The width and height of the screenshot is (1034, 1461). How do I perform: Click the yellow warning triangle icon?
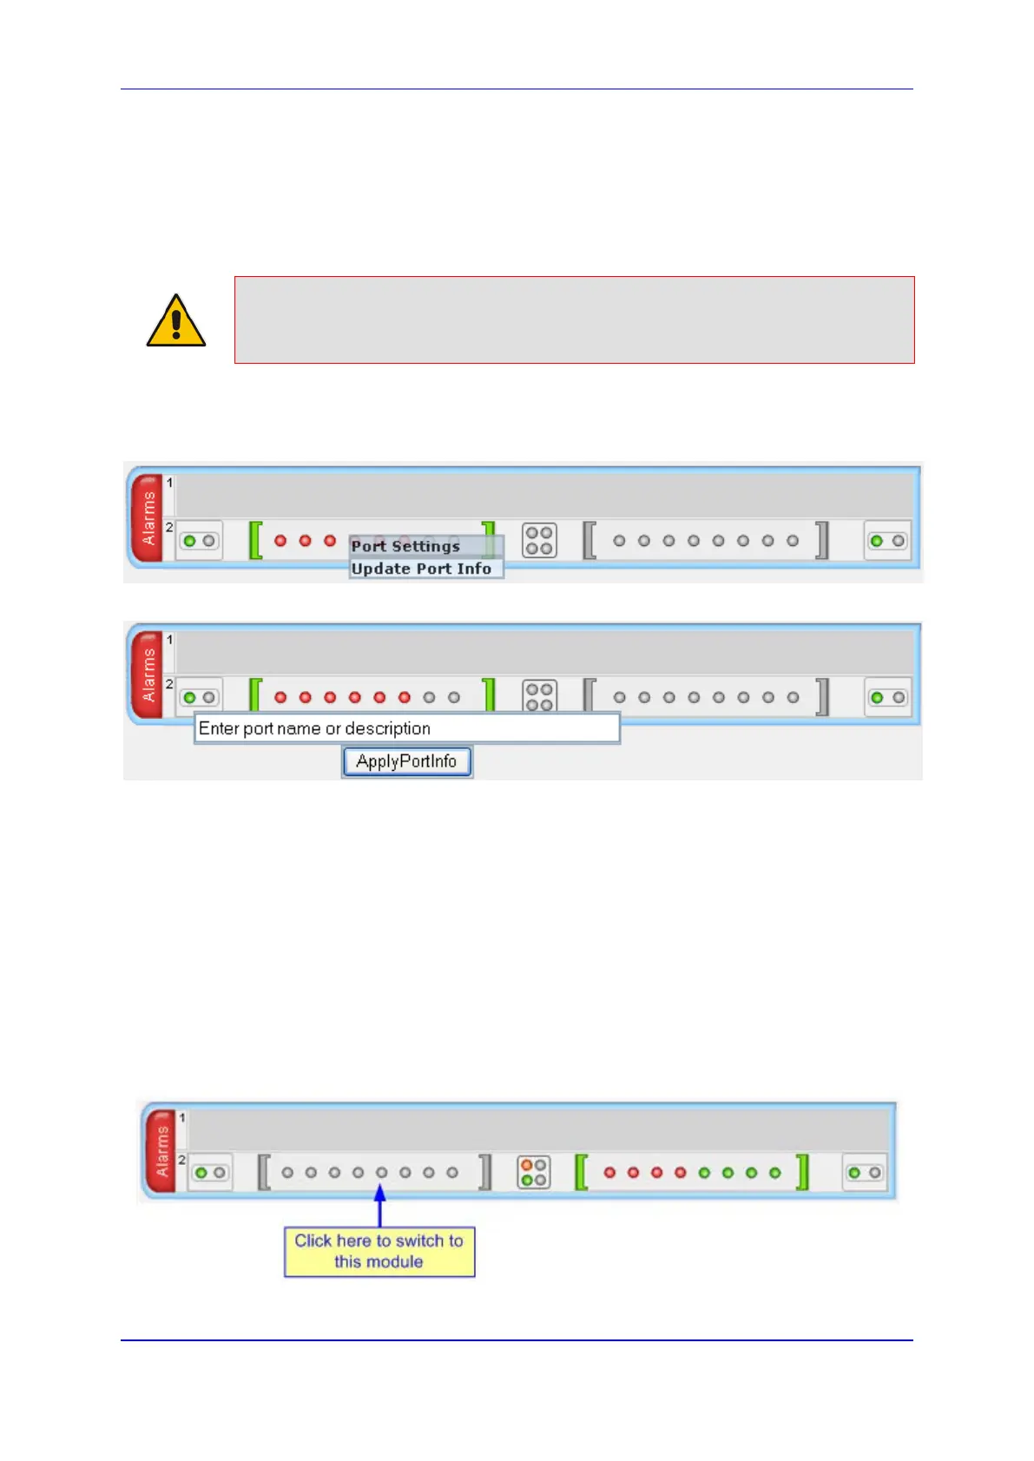click(176, 321)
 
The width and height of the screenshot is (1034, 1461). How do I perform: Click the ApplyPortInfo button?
click(406, 761)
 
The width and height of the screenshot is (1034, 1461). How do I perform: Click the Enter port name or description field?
click(406, 728)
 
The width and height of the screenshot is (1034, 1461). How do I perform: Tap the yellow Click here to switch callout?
click(379, 1251)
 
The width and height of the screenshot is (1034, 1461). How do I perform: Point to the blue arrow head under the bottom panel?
click(379, 1194)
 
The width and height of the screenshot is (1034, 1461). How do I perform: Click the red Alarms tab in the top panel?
click(148, 518)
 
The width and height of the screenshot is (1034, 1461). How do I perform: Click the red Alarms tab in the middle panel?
click(148, 675)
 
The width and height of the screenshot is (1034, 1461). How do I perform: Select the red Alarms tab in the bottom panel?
click(161, 1151)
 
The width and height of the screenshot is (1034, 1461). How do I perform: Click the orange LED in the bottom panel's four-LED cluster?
click(527, 1165)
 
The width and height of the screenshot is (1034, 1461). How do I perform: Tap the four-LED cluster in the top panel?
click(539, 541)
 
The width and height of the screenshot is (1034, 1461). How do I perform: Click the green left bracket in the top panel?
click(255, 540)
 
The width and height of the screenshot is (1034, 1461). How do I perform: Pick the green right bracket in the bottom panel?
click(803, 1172)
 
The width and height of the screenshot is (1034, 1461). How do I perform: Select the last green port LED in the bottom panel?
click(775, 1173)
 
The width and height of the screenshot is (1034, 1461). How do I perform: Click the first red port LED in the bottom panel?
click(610, 1173)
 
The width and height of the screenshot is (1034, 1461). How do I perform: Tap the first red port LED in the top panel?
click(280, 541)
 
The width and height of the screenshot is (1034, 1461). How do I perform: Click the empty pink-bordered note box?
click(574, 319)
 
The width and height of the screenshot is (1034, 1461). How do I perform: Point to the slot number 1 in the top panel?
click(170, 483)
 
